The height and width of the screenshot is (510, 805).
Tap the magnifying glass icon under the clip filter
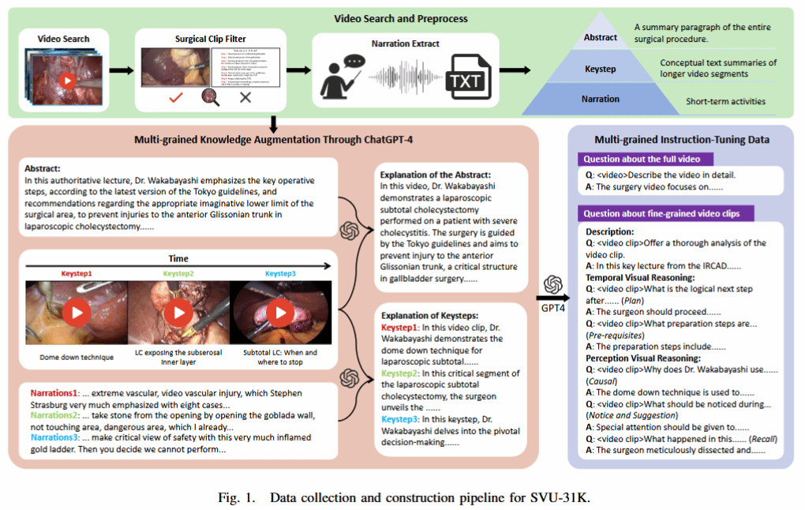pyautogui.click(x=212, y=97)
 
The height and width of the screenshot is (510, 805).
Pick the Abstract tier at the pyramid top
pyautogui.click(x=600, y=37)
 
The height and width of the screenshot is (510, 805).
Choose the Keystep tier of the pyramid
pyautogui.click(x=601, y=69)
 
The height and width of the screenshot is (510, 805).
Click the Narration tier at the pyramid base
pyautogui.click(x=601, y=99)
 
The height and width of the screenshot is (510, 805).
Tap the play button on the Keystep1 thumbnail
pyautogui.click(x=77, y=313)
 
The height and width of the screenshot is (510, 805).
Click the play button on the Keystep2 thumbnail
pyautogui.click(x=178, y=313)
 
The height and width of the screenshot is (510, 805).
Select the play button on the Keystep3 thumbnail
pyautogui.click(x=279, y=313)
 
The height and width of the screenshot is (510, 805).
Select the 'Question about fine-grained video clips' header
pyautogui.click(x=668, y=213)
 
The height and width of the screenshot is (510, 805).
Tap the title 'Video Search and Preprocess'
pyautogui.click(x=401, y=18)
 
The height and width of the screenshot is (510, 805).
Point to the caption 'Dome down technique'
pyautogui.click(x=77, y=357)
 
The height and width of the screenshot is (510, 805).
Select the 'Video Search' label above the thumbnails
pyautogui.click(x=64, y=39)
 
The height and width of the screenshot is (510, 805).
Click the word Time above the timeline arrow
pyautogui.click(x=178, y=258)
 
